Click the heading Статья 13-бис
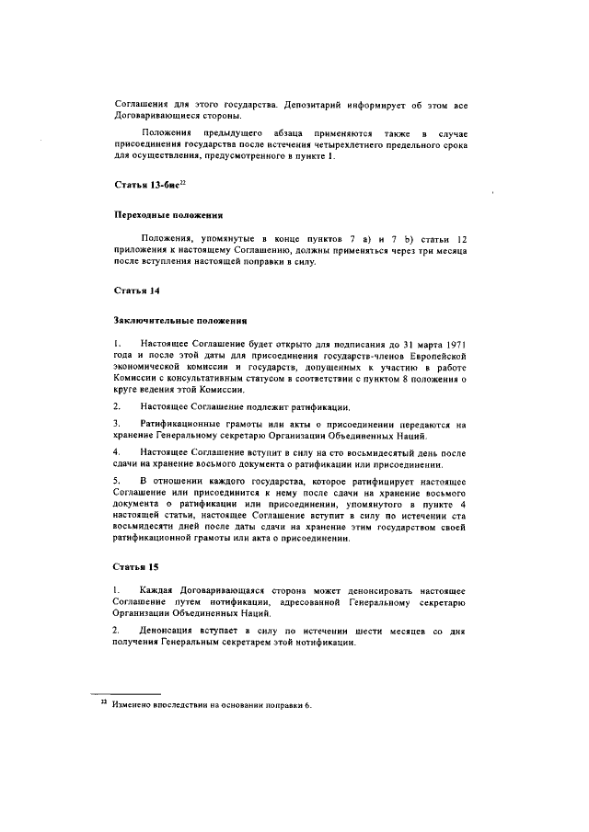(x=144, y=187)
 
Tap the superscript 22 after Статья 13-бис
(x=182, y=184)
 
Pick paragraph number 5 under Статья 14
(x=117, y=481)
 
